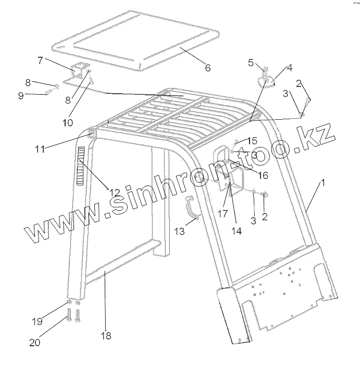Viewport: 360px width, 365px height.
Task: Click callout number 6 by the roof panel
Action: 207,68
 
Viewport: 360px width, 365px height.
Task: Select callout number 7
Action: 40,60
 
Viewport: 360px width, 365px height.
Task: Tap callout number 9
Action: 35,95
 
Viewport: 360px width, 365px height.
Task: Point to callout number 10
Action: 68,123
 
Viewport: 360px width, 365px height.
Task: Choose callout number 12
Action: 115,192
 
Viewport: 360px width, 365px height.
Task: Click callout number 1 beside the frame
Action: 323,183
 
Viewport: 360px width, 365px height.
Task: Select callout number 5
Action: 251,62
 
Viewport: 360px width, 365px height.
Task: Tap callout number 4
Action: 289,68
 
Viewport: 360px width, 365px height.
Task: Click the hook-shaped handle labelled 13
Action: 192,208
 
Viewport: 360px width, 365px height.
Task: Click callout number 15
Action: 252,141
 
